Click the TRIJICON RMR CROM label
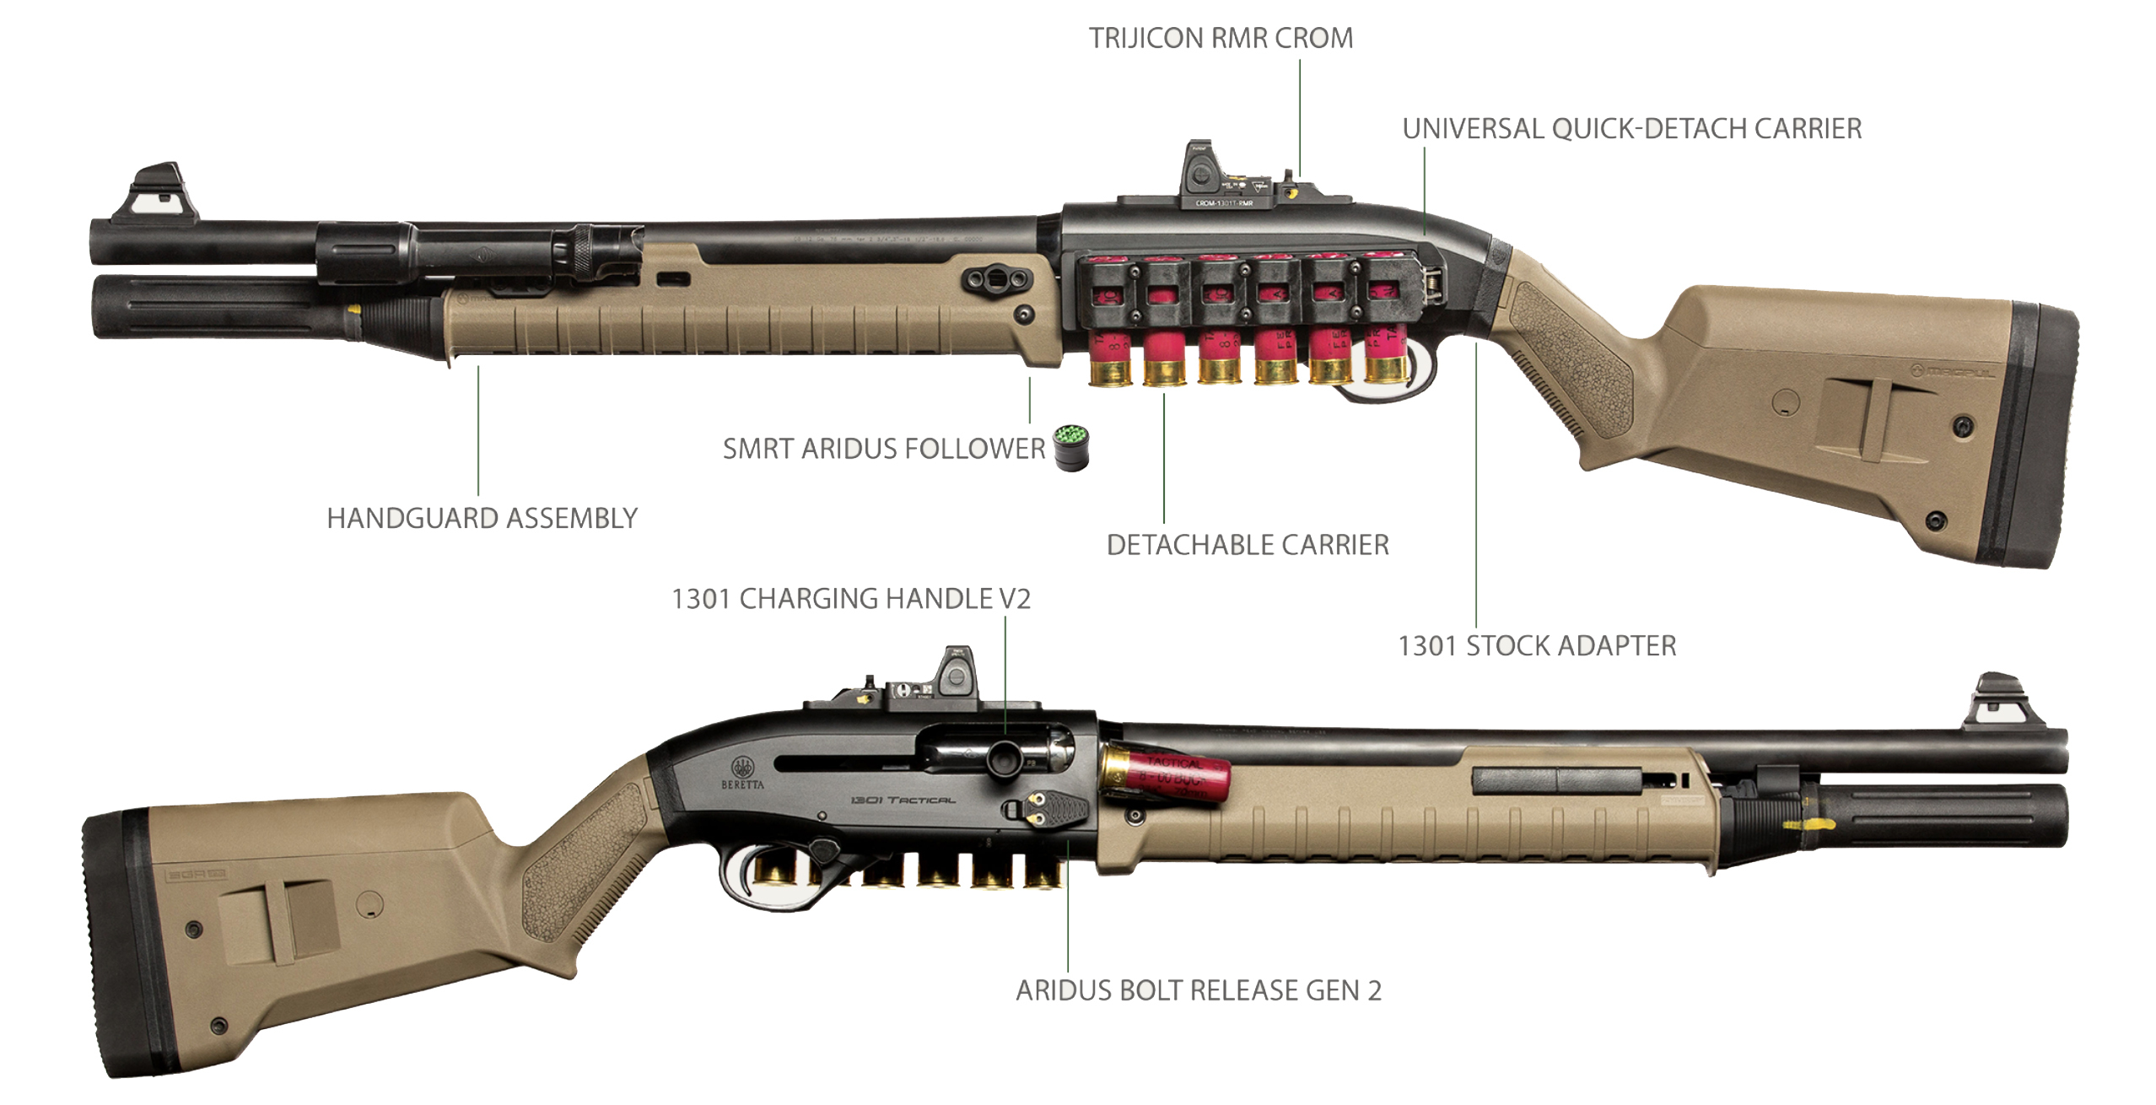point(1220,39)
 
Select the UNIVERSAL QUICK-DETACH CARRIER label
point(1631,129)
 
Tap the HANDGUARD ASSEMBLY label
point(482,518)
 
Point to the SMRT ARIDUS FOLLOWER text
point(883,449)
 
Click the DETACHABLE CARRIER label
point(1247,545)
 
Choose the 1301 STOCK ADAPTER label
point(1537,646)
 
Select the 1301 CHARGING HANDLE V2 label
point(850,599)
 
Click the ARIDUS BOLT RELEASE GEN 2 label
point(1198,990)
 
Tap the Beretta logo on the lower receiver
point(741,772)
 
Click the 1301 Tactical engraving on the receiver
point(902,799)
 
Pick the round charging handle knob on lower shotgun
point(1002,756)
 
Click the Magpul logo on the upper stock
point(1955,371)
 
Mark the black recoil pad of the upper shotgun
point(2041,439)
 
